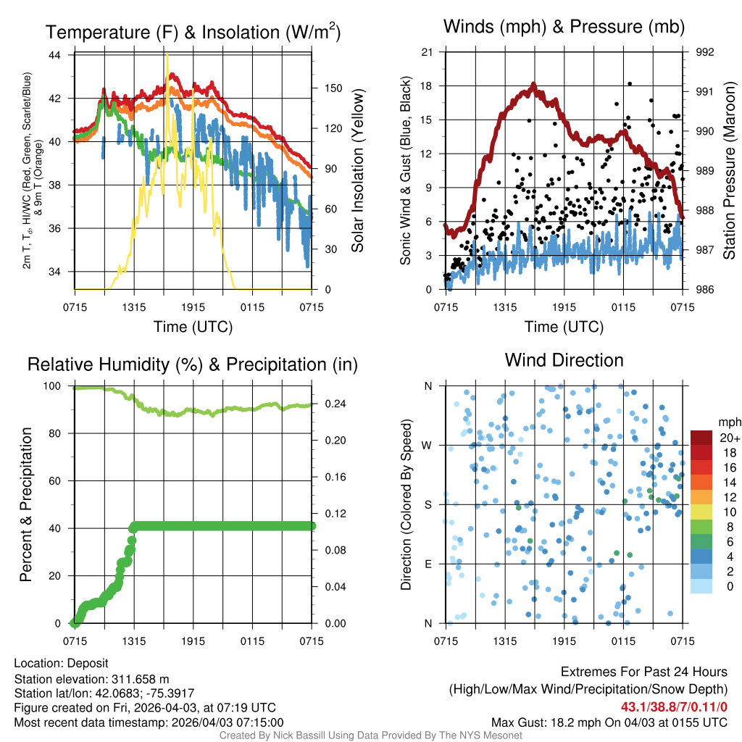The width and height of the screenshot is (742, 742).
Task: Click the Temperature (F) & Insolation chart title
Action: point(193,32)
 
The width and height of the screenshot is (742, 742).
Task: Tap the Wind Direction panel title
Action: point(564,360)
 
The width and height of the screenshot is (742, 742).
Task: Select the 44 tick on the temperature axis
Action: point(62,55)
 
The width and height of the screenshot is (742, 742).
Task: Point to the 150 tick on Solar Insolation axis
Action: point(333,88)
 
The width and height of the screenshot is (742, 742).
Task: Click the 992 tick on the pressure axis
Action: point(704,52)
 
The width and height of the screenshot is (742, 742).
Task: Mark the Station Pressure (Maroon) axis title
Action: point(730,170)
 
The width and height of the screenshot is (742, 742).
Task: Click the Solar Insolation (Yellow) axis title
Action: point(357,170)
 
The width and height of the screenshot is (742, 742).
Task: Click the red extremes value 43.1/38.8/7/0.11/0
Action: point(674,706)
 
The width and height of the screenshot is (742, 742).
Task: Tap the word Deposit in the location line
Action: point(89,664)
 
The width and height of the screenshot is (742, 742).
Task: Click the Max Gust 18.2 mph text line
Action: point(609,722)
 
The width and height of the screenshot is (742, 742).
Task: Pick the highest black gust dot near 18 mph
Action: point(630,84)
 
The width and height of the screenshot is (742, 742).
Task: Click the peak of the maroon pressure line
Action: point(533,86)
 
